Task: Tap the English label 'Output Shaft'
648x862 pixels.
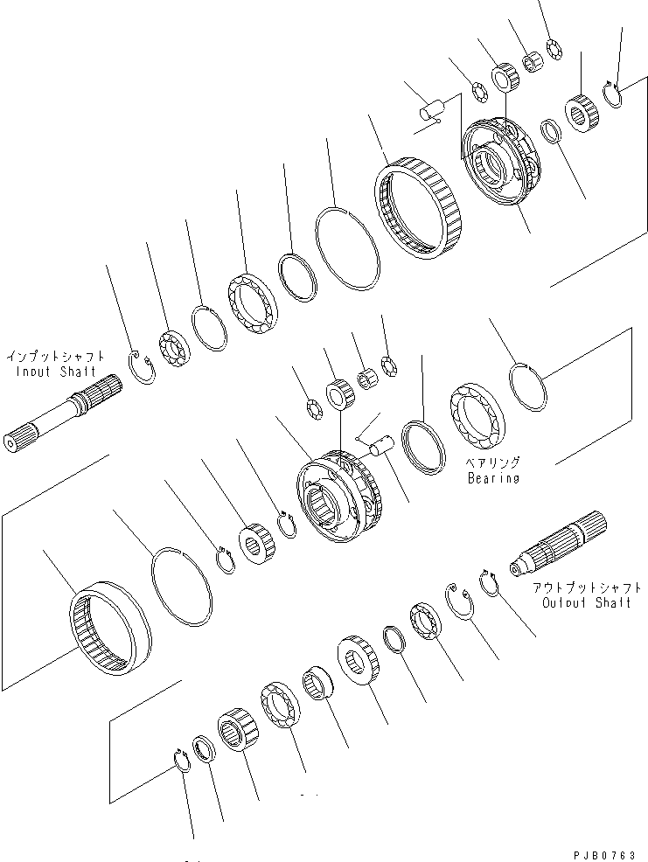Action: coord(586,603)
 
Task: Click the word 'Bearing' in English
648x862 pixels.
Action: coord(493,478)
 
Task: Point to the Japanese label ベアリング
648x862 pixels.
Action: coord(493,463)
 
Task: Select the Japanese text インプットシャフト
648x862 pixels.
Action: coord(56,357)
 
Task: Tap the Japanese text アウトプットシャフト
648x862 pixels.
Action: coord(585,588)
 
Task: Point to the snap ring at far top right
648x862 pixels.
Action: coord(615,94)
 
